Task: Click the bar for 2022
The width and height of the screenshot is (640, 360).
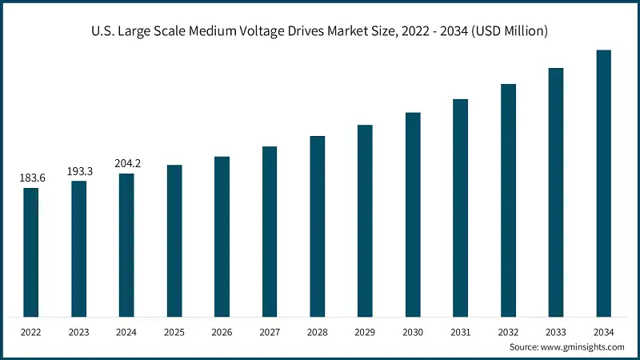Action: click(x=30, y=252)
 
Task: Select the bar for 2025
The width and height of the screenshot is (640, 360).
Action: click(x=174, y=240)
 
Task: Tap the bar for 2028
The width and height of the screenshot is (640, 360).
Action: click(x=318, y=226)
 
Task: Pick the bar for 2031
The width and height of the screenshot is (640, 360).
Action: click(x=460, y=207)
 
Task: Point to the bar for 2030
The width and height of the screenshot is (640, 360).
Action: click(x=413, y=214)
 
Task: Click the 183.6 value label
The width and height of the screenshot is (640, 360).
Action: click(x=32, y=178)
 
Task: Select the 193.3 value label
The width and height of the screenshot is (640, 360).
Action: click(x=79, y=171)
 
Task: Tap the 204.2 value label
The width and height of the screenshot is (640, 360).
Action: click(x=127, y=163)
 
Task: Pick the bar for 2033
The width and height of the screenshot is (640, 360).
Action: click(x=556, y=192)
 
